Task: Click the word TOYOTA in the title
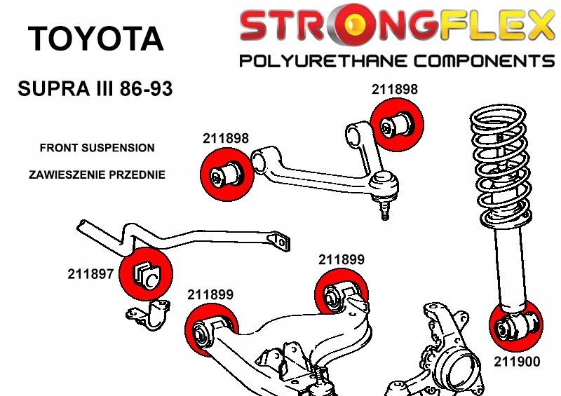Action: (x=95, y=40)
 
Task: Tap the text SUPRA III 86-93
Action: (x=94, y=90)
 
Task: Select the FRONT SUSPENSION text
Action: (x=97, y=148)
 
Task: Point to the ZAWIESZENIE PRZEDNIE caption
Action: (x=97, y=175)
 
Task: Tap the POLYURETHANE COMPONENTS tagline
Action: (x=396, y=62)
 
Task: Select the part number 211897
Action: (x=90, y=274)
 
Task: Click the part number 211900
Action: (x=517, y=363)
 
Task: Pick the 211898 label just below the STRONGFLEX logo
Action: (x=394, y=89)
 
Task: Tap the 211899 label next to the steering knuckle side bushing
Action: (x=342, y=259)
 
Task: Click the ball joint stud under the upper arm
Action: (x=384, y=208)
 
